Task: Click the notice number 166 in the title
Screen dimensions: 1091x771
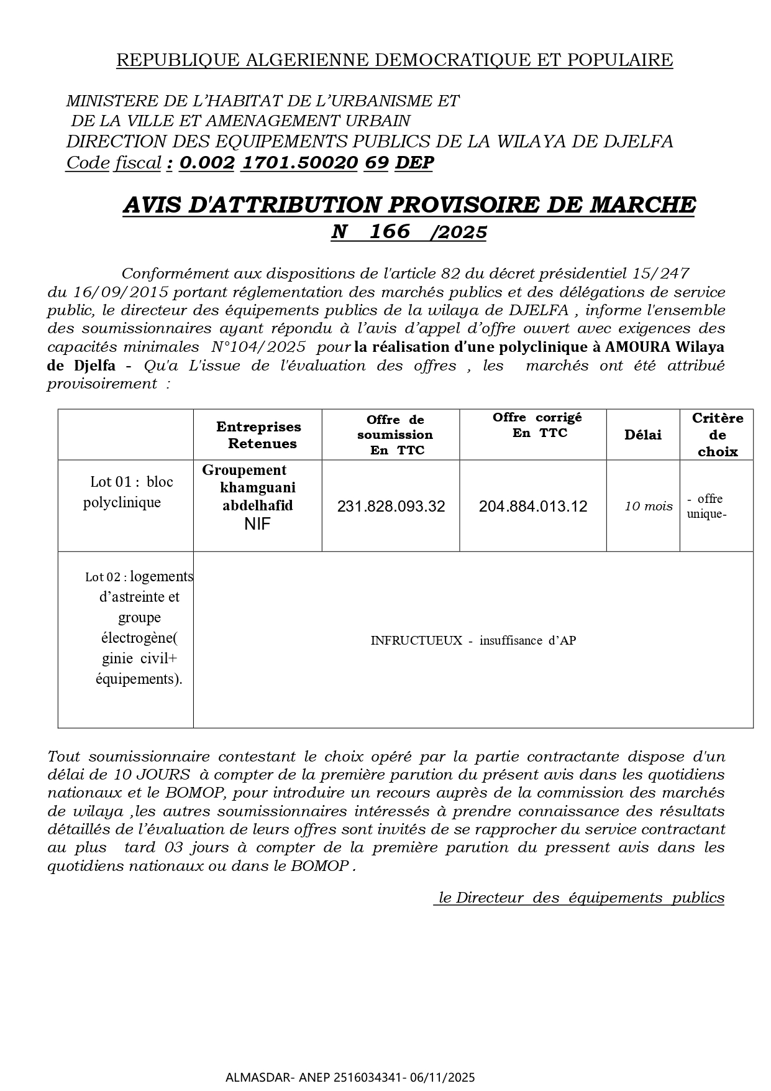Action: (x=390, y=231)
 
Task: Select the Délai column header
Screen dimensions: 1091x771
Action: (x=642, y=435)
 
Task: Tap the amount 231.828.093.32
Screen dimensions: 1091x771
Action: (x=391, y=506)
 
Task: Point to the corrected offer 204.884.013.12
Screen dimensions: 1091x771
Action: (x=532, y=506)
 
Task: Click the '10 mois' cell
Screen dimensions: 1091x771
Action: (x=648, y=506)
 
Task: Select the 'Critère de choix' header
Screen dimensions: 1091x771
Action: (x=717, y=435)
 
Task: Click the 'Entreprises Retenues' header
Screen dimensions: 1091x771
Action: (x=258, y=435)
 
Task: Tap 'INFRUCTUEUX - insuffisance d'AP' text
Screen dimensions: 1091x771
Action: (x=473, y=640)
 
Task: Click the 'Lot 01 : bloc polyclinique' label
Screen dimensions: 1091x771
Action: (x=127, y=492)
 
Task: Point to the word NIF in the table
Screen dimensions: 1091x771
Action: (x=257, y=524)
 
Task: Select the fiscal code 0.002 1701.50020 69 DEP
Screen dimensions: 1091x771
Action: (x=306, y=163)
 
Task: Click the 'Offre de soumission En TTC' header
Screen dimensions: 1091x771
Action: (x=395, y=435)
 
